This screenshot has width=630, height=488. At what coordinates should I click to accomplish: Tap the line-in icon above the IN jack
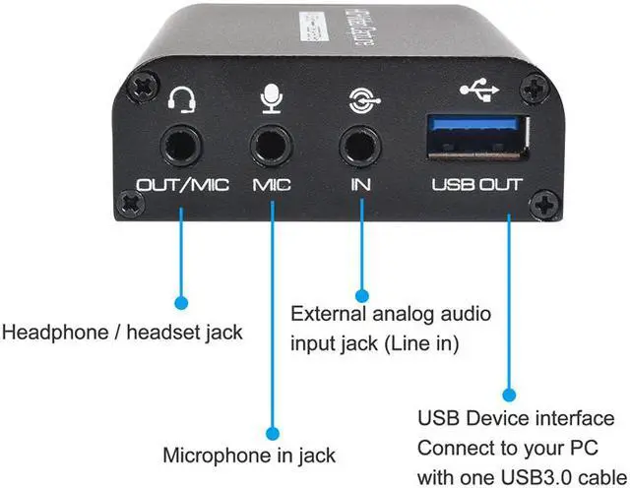(361, 97)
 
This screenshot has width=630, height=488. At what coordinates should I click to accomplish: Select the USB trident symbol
(479, 91)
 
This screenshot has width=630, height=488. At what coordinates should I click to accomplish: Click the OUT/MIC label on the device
(181, 185)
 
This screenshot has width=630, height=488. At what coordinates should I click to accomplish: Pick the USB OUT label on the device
(476, 184)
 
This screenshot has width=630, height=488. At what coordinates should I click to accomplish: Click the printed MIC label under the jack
(271, 185)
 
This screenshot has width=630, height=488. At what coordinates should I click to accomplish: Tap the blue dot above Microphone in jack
(273, 430)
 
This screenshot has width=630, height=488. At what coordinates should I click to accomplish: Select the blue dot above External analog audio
(361, 294)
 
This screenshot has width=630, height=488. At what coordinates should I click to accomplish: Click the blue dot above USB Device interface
(508, 393)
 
